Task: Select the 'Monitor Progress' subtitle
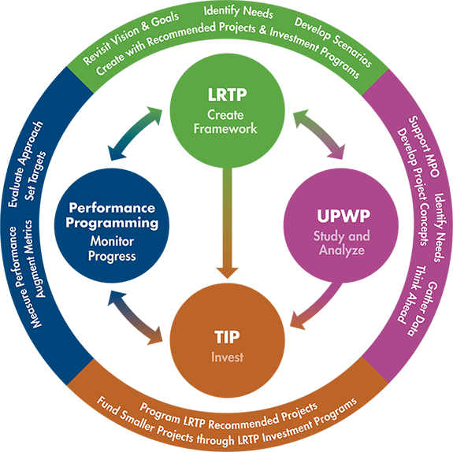112,249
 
